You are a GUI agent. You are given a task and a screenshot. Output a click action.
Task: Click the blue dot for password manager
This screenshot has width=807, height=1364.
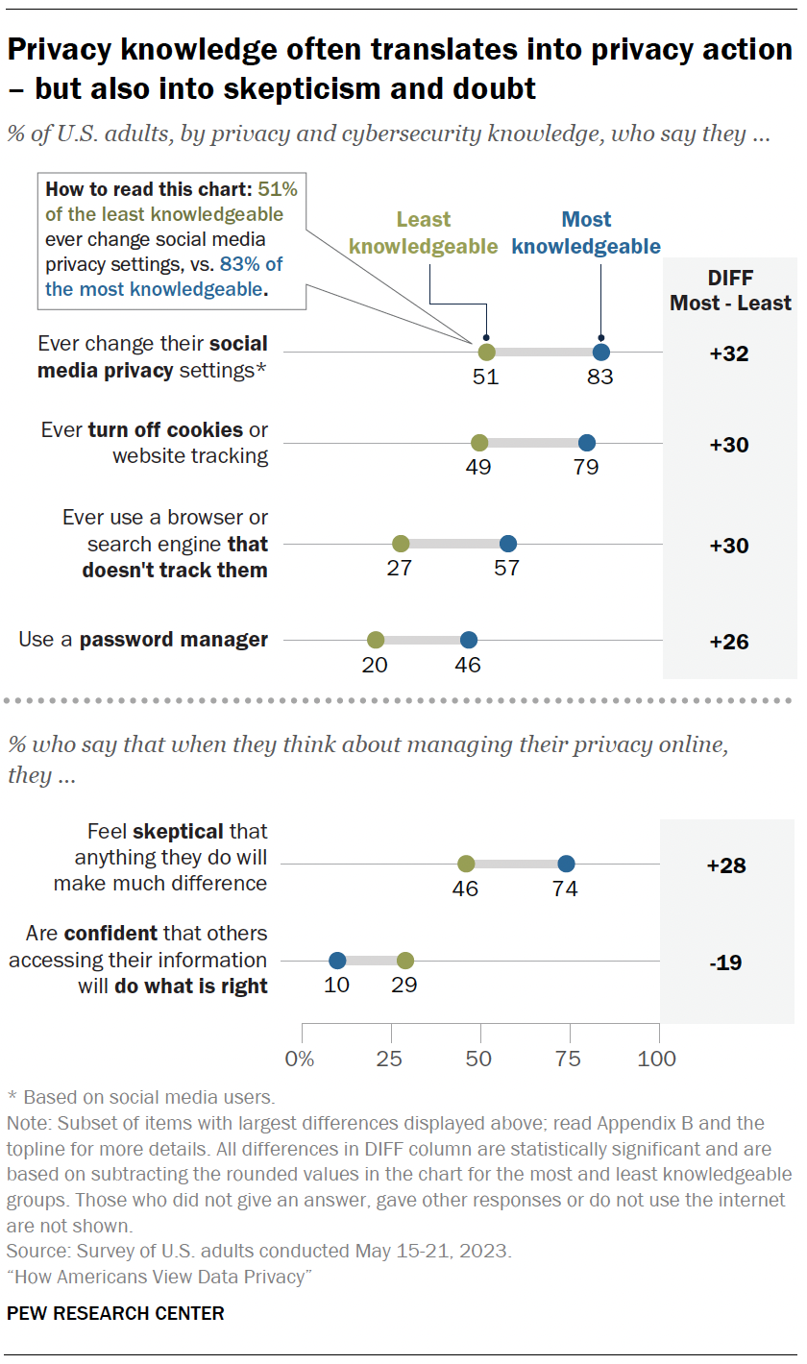[468, 640]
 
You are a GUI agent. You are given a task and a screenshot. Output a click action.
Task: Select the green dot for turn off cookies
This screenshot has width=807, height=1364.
[479, 443]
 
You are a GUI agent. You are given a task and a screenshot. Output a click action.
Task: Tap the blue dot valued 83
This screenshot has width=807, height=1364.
[601, 352]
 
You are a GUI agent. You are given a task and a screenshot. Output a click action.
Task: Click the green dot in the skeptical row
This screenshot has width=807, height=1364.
[466, 864]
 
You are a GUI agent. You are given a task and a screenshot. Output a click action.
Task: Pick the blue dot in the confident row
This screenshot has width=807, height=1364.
[337, 961]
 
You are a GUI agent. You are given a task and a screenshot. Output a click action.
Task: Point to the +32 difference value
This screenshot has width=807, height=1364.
[728, 353]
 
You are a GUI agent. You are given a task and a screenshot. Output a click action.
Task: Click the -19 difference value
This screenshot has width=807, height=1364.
[726, 962]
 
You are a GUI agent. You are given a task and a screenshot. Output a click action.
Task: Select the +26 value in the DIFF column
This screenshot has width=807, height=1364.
[728, 642]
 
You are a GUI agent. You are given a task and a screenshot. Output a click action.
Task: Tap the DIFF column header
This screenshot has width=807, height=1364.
[729, 289]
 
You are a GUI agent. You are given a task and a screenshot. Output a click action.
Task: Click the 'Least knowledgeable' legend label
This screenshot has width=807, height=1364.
[424, 233]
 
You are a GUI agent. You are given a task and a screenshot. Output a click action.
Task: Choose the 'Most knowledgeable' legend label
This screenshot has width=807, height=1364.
[586, 233]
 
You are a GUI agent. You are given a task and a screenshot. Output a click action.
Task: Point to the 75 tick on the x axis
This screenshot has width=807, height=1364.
[569, 1059]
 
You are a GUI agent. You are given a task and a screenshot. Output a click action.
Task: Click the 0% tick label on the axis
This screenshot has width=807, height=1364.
[301, 1059]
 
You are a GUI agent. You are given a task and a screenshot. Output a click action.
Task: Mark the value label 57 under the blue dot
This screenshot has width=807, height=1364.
[506, 568]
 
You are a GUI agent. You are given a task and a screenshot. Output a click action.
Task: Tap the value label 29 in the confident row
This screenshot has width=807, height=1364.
[404, 985]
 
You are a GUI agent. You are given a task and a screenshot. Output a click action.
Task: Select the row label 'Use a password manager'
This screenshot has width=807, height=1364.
[143, 640]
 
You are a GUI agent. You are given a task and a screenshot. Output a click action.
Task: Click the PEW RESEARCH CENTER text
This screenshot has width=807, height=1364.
[115, 1313]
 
